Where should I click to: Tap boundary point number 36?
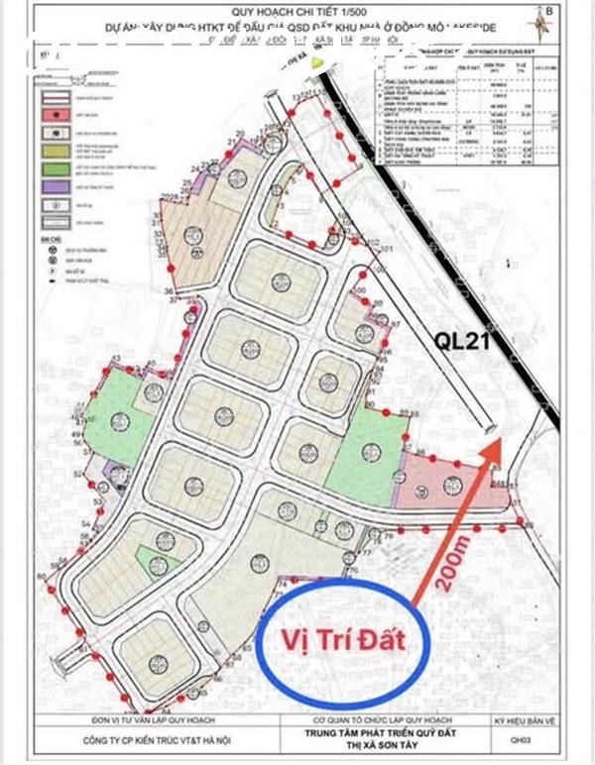click(169, 290)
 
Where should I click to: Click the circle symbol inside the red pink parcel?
click(452, 483)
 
